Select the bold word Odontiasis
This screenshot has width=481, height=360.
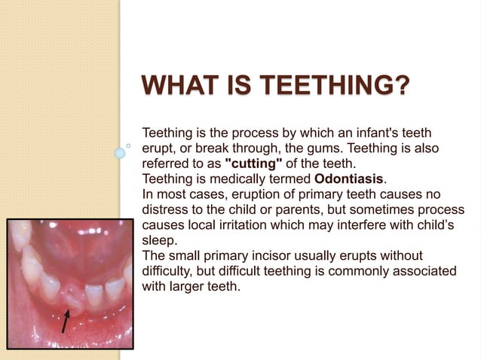point(349,178)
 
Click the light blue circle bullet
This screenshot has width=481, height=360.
point(120,153)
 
